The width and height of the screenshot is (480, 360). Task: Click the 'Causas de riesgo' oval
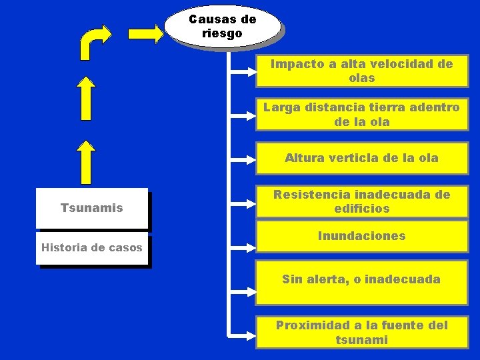pos(222,26)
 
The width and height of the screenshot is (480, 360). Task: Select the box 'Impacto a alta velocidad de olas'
pos(361,71)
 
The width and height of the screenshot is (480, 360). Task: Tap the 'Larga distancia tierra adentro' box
pos(361,115)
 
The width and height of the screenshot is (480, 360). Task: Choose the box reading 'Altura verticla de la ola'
pos(361,159)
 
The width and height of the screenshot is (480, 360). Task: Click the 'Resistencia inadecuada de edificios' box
pos(361,201)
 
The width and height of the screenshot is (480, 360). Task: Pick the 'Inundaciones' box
pos(361,237)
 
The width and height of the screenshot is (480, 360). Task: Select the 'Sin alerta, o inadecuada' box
pos(361,279)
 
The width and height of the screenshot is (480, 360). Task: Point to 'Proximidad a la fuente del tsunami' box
pos(361,332)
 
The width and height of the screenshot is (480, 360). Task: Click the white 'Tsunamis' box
pos(92,208)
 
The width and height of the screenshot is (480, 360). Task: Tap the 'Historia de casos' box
pos(92,248)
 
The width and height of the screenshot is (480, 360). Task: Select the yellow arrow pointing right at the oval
pos(146,33)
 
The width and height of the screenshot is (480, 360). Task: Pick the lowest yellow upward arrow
pos(85,163)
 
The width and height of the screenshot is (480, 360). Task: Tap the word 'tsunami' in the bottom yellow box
pos(361,340)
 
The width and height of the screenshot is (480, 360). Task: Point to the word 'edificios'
pos(361,209)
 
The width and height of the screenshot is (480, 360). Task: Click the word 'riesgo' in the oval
pos(222,33)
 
